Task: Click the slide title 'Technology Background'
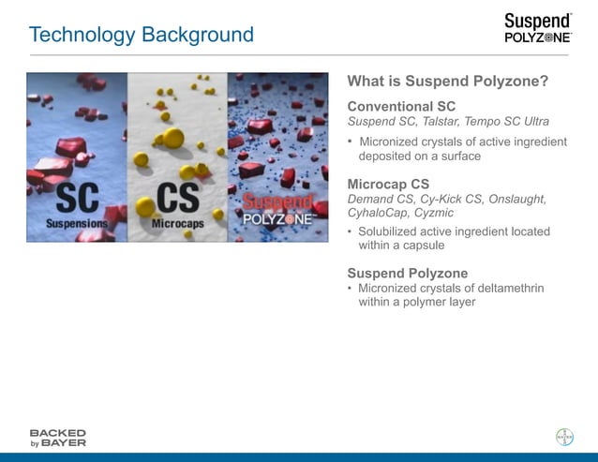(141, 35)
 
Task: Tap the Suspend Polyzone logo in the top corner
(537, 28)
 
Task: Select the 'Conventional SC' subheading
(401, 106)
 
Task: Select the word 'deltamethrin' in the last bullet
(511, 288)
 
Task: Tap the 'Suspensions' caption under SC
(78, 224)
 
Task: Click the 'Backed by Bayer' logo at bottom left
(57, 438)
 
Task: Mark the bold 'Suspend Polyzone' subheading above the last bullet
(408, 273)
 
